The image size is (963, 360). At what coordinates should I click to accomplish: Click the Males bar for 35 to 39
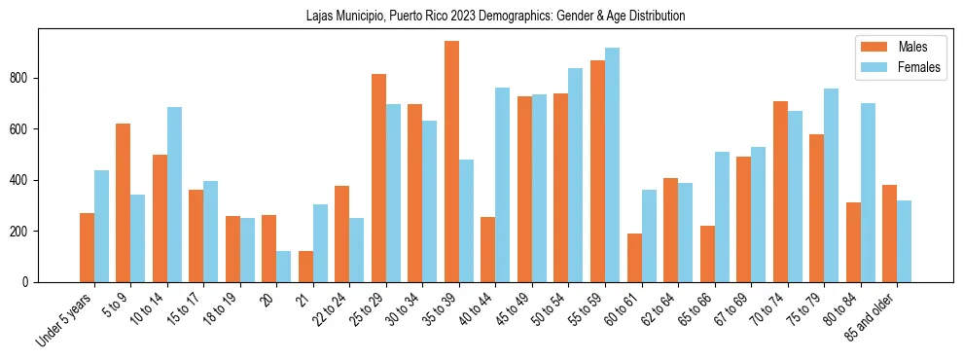pos(451,162)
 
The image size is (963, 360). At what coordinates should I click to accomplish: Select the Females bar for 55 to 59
pos(612,164)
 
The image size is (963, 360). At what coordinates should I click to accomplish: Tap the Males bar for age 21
pos(305,267)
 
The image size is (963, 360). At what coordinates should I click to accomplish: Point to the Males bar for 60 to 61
pos(634,258)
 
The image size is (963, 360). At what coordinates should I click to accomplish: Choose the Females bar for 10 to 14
pos(174,195)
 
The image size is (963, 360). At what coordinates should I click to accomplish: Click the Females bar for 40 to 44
pos(503,185)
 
